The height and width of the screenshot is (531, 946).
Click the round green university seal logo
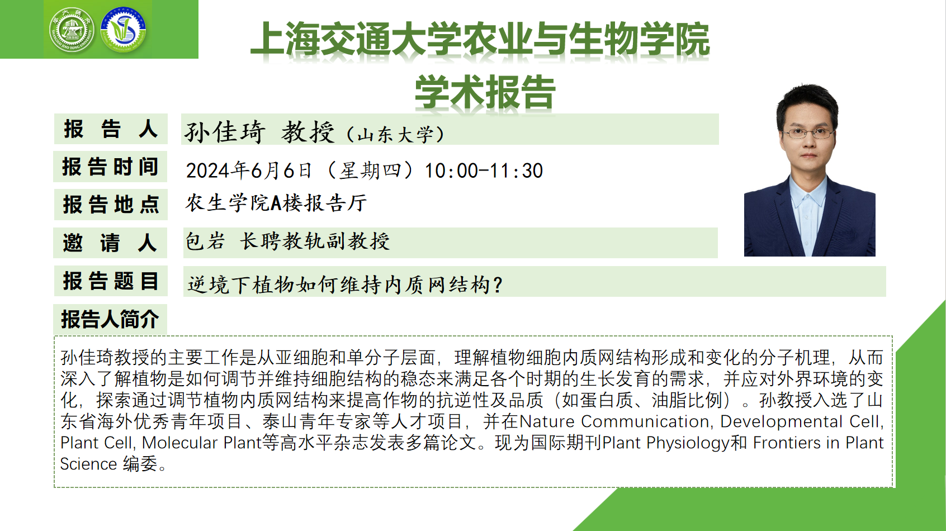(72, 30)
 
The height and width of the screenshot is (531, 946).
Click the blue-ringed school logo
(124, 30)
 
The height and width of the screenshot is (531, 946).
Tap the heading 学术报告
(485, 92)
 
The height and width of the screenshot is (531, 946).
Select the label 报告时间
(110, 167)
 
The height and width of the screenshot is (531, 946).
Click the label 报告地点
(111, 205)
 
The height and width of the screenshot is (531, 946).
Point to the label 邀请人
(110, 243)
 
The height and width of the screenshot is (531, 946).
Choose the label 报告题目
(111, 281)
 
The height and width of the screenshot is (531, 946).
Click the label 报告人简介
(110, 319)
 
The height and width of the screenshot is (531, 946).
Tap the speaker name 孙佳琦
(225, 131)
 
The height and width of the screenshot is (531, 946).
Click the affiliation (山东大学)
(395, 135)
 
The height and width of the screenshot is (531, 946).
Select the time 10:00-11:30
(484, 171)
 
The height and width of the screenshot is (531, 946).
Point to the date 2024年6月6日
(249, 170)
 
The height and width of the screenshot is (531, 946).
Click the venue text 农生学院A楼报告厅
(276, 203)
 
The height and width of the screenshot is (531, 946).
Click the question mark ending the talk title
(498, 285)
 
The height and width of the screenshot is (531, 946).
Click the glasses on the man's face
(807, 134)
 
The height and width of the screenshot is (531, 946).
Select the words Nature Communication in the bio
(614, 421)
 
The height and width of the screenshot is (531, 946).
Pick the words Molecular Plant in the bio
(201, 443)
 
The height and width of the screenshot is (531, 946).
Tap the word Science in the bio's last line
(88, 464)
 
